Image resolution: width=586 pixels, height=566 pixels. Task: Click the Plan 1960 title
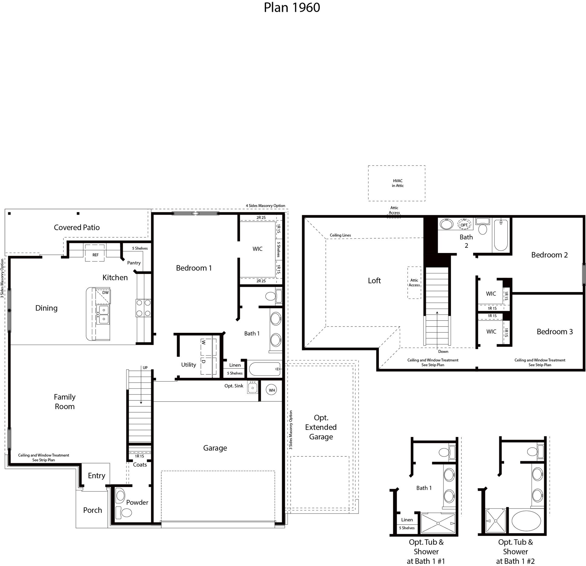pos(292,8)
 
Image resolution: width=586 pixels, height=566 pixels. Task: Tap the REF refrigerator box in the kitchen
pos(95,255)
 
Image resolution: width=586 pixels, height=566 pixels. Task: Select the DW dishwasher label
pos(105,293)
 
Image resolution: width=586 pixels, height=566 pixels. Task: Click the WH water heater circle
pos(272,390)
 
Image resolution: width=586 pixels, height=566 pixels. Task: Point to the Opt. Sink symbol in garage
pos(252,388)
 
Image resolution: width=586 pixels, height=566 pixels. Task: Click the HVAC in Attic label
pos(398,183)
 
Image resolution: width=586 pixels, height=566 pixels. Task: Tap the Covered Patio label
pos(77,227)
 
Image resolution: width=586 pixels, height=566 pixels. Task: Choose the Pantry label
pos(134,263)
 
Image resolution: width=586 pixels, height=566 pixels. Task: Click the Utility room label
pos(188,365)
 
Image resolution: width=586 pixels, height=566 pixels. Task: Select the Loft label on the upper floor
pos(374,281)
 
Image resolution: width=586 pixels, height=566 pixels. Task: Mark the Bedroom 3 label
pos(554,332)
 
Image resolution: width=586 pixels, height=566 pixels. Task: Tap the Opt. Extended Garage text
pos(321,427)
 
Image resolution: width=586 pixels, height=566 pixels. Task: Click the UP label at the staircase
pos(145,368)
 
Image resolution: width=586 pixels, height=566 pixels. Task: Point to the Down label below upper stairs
pos(443,351)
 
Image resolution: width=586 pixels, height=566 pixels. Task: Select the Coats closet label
pos(140,465)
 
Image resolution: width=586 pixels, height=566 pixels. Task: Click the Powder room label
pos(137,502)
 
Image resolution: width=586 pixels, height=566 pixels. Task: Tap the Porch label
pos(93,510)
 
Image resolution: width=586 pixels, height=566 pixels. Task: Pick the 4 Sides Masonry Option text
pos(265,206)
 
